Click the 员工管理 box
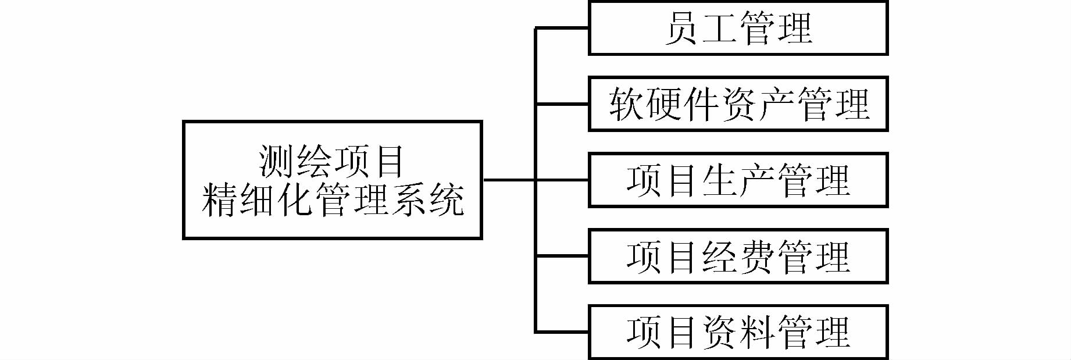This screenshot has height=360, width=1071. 738,28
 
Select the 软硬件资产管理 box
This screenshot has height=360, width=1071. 738,104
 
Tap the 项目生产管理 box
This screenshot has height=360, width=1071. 738,180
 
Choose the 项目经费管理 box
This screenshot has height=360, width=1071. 738,256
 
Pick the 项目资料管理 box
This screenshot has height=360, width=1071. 738,332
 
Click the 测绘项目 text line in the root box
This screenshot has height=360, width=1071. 331,161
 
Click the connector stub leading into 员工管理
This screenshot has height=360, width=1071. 562,28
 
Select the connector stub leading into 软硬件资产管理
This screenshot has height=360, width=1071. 562,105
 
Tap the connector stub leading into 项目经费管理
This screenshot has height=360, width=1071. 562,256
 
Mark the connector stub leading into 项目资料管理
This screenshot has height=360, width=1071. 562,332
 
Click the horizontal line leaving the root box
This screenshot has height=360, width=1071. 509,180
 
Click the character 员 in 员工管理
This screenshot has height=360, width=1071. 681,28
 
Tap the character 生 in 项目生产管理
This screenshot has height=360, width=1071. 719,180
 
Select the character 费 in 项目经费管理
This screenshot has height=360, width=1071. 757,256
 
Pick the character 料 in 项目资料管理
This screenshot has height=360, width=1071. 757,332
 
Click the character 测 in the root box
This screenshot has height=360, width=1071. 276,161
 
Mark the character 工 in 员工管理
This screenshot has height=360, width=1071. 719,28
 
